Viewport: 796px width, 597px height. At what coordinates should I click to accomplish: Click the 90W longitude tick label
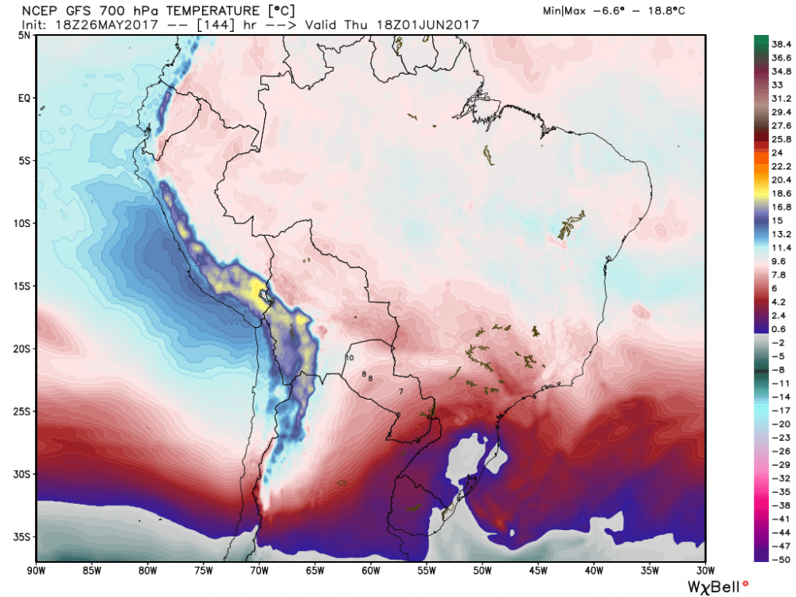[36, 570]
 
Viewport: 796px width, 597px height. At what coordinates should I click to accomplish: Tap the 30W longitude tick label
[704, 570]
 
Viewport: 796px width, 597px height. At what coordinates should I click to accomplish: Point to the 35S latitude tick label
[23, 537]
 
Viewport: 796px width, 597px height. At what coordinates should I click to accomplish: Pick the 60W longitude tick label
[370, 570]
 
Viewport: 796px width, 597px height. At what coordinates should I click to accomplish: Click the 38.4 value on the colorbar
[770, 45]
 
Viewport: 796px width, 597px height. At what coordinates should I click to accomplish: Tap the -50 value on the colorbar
[770, 559]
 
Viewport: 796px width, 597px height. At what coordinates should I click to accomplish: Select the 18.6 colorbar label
[770, 193]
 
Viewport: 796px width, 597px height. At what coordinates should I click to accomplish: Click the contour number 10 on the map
[349, 358]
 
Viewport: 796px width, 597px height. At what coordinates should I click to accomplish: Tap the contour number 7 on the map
[401, 391]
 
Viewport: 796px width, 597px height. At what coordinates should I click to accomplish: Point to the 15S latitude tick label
[23, 286]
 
